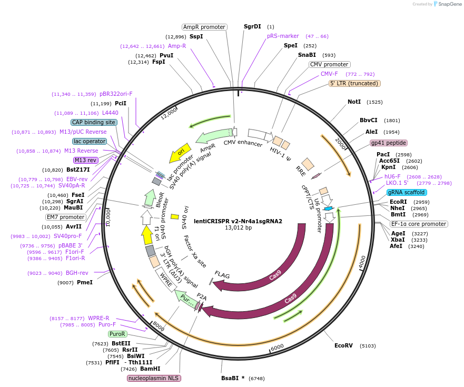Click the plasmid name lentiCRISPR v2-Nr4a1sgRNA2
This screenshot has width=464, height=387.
[x=238, y=221]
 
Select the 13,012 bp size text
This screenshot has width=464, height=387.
[x=238, y=228]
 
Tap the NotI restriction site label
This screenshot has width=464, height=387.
[x=354, y=102]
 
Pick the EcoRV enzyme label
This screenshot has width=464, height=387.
[x=343, y=345]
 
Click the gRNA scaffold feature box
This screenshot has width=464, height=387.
[x=407, y=192]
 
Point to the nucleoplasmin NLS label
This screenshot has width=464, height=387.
[x=154, y=378]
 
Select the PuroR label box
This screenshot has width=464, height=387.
[x=117, y=334]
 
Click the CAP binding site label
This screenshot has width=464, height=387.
[x=94, y=122]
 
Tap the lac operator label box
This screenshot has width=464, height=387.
[x=90, y=141]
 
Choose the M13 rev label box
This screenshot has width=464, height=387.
[x=86, y=160]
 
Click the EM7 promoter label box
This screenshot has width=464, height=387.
[x=66, y=217]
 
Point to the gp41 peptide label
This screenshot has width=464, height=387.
[x=389, y=143]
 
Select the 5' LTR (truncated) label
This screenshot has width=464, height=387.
[x=354, y=83]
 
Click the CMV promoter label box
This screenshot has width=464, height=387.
[x=329, y=64]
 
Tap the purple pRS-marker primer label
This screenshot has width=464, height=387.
[x=283, y=36]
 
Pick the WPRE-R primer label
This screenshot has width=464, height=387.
[x=98, y=318]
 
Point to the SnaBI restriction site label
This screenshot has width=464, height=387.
[x=307, y=55]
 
